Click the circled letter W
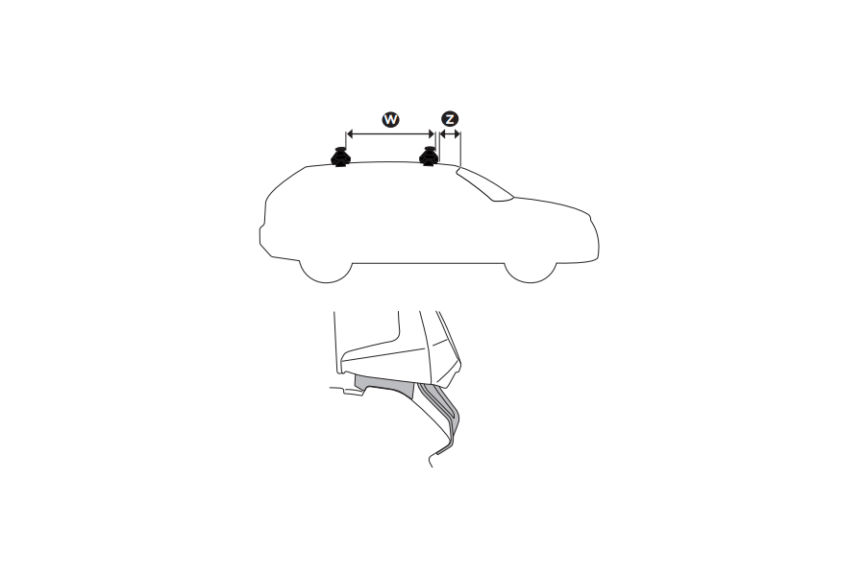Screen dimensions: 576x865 (x=390, y=119)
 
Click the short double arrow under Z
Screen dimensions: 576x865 (x=449, y=135)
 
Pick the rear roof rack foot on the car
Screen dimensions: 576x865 (x=339, y=157)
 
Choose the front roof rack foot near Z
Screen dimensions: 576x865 (x=429, y=157)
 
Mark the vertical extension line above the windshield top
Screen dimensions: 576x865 (x=461, y=149)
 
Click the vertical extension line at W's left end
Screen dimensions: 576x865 (x=345, y=142)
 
